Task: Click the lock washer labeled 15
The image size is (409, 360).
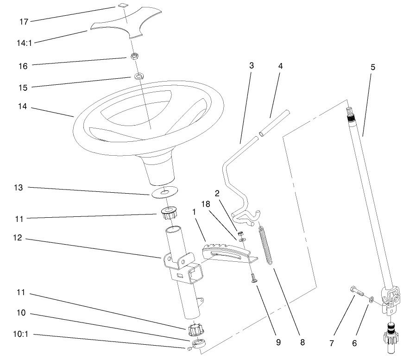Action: coord(138,76)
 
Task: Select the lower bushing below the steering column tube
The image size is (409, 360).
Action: coord(196,330)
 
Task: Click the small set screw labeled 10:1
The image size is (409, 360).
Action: coord(190,348)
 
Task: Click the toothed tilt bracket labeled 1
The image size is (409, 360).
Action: coord(227,253)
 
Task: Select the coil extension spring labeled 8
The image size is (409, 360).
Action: coord(266,246)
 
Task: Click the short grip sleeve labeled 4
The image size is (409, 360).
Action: coord(274,123)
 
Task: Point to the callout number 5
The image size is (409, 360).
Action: coord(373,67)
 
